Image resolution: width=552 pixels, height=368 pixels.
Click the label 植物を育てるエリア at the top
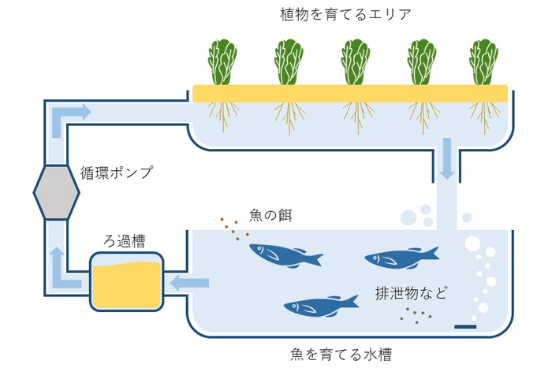334,14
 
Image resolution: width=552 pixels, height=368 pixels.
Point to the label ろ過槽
126,240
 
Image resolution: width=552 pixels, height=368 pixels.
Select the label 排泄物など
410,294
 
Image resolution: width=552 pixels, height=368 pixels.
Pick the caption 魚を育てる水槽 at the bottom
334,354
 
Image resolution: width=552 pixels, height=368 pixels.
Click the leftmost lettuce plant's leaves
222,61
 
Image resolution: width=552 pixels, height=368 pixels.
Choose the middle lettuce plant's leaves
356,61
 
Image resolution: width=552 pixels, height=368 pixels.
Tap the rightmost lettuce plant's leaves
483,61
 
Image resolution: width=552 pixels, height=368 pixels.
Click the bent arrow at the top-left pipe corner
68,117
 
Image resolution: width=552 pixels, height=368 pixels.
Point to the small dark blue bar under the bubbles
466,326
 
